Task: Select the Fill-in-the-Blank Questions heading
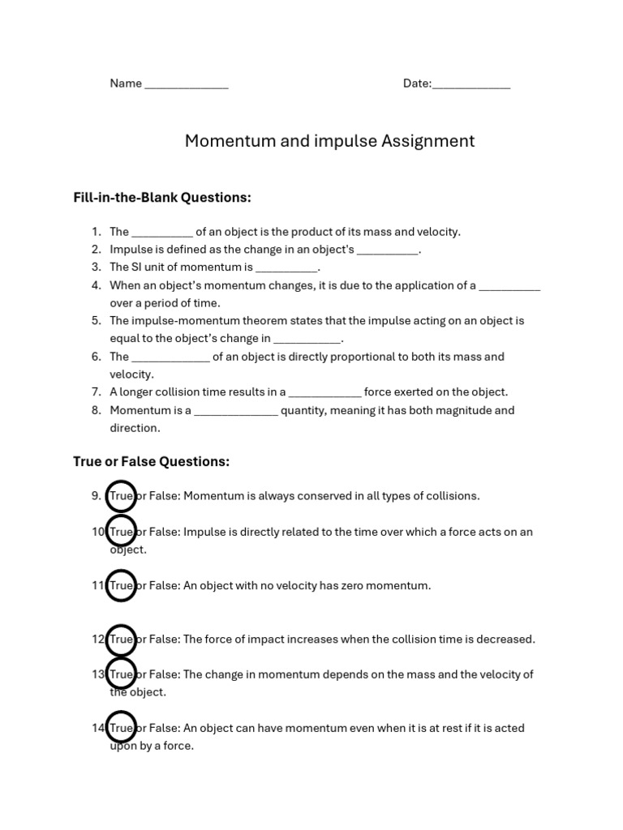click(162, 197)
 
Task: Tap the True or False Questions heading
click(152, 461)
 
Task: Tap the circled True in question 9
click(121, 495)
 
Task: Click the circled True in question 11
click(121, 585)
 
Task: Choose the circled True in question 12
click(121, 639)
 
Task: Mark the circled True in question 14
click(121, 728)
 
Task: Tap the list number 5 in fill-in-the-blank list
click(96, 320)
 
